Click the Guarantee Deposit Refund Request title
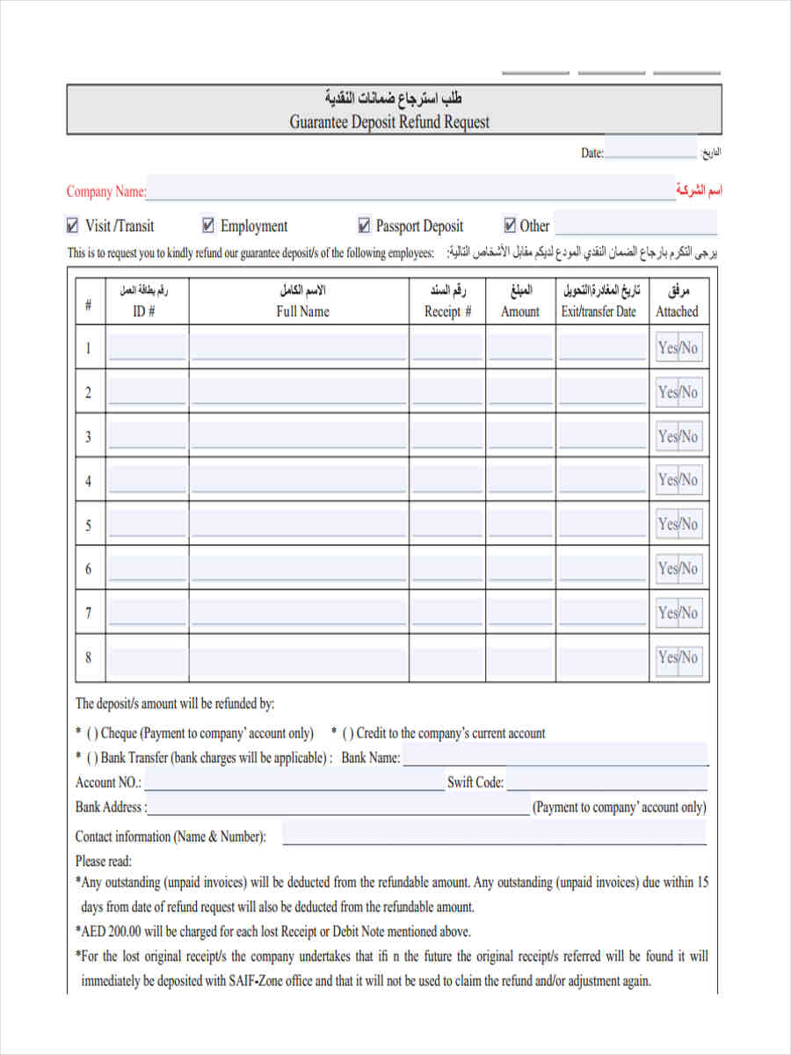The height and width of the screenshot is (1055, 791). pos(389,122)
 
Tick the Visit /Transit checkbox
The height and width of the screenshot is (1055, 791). pos(73,226)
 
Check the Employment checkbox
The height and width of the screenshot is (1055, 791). pos(208,226)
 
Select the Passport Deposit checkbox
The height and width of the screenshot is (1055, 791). pos(364,226)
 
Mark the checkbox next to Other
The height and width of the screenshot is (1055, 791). pos(510,225)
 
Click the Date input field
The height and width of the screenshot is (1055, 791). pos(650,152)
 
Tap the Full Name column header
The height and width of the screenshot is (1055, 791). pos(302,311)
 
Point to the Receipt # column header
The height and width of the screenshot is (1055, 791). pos(447,311)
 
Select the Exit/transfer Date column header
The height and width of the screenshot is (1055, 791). pos(599,311)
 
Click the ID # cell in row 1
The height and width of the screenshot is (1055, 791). pos(146,348)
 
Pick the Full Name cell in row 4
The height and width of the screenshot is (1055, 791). pos(299,481)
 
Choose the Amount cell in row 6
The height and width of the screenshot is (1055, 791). pos(519,569)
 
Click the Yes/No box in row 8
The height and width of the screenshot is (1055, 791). pos(678,658)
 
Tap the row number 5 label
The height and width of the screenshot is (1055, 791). pos(88,526)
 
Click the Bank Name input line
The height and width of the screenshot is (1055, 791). pos(555,757)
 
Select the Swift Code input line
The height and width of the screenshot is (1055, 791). pos(606,782)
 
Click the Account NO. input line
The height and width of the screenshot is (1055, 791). pos(294,782)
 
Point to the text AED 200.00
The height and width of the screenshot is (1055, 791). pos(112,932)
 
